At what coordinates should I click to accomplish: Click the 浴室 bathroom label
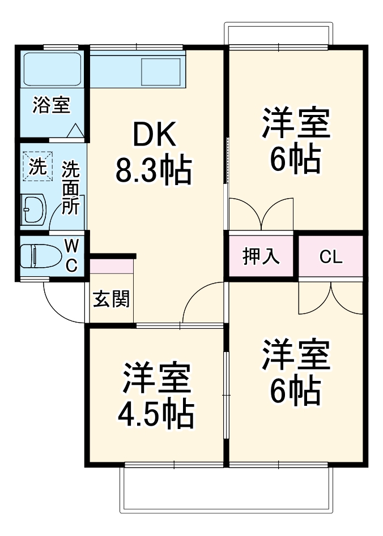pyautogui.click(x=50, y=105)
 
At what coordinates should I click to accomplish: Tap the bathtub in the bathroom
pyautogui.click(x=52, y=69)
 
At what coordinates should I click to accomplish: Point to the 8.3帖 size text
pyautogui.click(x=154, y=170)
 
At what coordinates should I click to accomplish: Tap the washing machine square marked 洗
pyautogui.click(x=37, y=166)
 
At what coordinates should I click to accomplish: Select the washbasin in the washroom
pyautogui.click(x=33, y=209)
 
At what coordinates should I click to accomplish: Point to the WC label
pyautogui.click(x=71, y=255)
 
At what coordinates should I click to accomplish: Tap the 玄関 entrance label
pyautogui.click(x=111, y=299)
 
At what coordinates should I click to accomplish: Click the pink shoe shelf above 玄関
pyautogui.click(x=112, y=266)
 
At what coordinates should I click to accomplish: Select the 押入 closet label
pyautogui.click(x=261, y=256)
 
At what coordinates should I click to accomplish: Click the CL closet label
pyautogui.click(x=330, y=257)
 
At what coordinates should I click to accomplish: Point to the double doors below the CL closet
pyautogui.click(x=330, y=297)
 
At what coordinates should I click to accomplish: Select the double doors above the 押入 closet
pyautogui.click(x=261, y=214)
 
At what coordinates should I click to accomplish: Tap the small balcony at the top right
pyautogui.click(x=278, y=33)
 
